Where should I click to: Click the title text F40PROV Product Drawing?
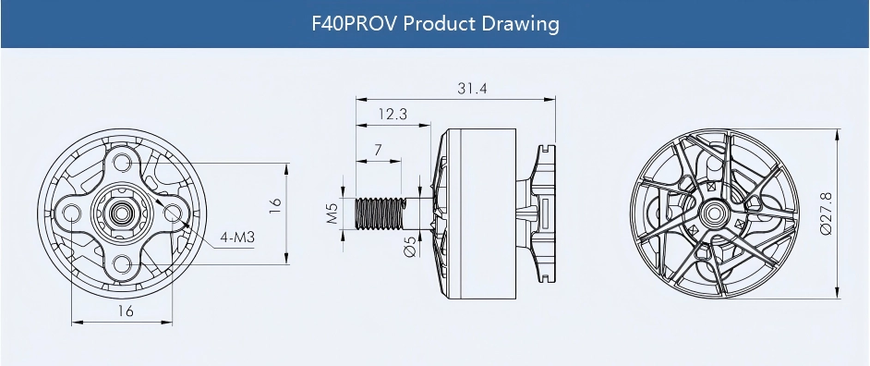[x=435, y=24]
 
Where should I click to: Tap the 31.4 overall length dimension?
[x=472, y=89]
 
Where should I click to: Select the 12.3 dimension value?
[x=393, y=115]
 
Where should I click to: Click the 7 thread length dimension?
[x=378, y=150]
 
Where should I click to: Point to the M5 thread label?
[x=332, y=213]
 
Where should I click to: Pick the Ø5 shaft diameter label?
[x=411, y=247]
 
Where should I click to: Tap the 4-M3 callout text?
[x=237, y=238]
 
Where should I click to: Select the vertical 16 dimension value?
[x=275, y=205]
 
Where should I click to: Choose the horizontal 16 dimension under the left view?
[x=126, y=311]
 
